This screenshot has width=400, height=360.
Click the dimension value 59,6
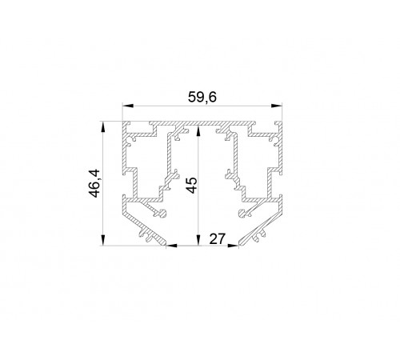click(x=202, y=97)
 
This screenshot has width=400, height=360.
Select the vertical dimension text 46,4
click(x=94, y=183)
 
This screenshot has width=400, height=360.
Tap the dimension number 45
click(x=191, y=185)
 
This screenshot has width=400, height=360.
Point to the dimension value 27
click(x=218, y=238)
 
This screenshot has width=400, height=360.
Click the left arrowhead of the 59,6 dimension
click(x=128, y=106)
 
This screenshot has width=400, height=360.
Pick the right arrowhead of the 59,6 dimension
click(x=277, y=106)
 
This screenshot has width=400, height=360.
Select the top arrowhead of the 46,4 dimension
click(x=102, y=127)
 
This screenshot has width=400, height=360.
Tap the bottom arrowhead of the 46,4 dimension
click(x=102, y=240)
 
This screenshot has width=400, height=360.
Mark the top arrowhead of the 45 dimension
click(x=198, y=132)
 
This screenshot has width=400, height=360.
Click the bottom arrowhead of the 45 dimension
click(x=198, y=240)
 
